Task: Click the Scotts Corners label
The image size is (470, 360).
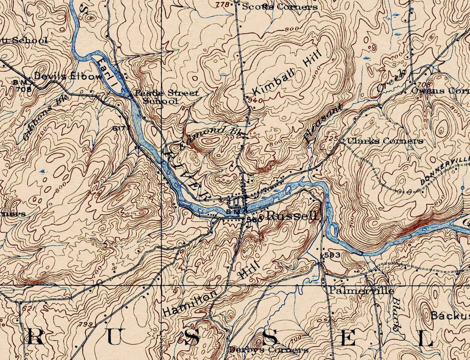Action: click(280, 7)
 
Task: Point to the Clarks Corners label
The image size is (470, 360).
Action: click(385, 141)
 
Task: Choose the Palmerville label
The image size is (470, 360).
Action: click(361, 290)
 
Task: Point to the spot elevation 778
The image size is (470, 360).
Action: click(223, 5)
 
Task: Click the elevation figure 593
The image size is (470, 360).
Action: click(332, 255)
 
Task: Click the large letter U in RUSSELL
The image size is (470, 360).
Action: click(116, 337)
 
